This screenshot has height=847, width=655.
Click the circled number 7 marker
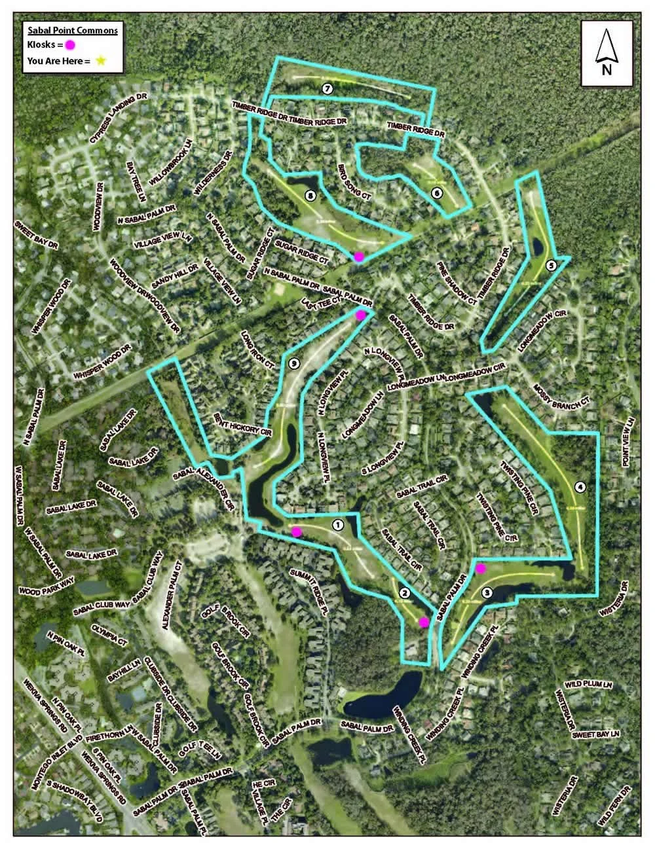click(327, 88)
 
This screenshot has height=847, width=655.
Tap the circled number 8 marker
click(310, 195)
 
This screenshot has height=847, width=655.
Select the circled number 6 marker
click(436, 192)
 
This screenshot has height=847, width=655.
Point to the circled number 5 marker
click(550, 265)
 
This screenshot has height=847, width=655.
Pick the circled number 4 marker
click(579, 486)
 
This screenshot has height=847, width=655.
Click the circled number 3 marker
click(487, 593)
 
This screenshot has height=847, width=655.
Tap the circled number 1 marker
click(338, 524)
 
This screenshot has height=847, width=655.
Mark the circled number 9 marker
click(294, 364)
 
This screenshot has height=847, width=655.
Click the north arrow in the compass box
click(607, 48)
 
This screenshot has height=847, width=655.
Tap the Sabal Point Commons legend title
click(72, 30)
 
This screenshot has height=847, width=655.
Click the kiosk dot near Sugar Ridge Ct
click(358, 257)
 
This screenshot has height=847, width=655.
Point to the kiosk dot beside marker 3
click(480, 568)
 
